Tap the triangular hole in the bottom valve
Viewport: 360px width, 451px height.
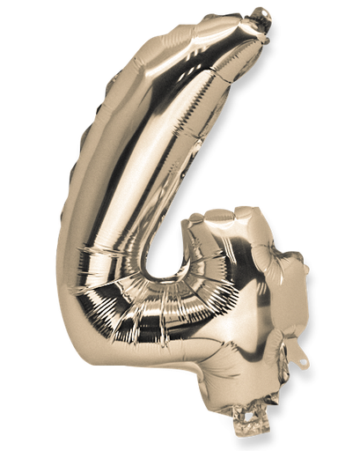[255, 431]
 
